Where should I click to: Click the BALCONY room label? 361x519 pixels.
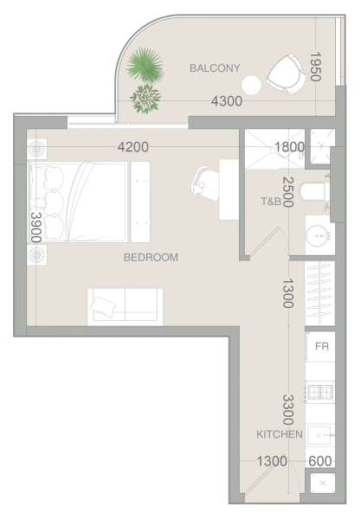click(x=215, y=68)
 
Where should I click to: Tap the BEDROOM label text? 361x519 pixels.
click(x=151, y=257)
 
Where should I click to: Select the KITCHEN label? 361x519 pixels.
click(x=280, y=434)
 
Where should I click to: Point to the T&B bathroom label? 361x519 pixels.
click(x=271, y=201)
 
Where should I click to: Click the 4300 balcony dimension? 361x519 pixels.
click(x=227, y=101)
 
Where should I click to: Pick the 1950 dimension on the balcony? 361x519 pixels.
click(x=315, y=67)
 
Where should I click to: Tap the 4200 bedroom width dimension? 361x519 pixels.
click(x=133, y=147)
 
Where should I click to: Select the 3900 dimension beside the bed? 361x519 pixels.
click(x=35, y=227)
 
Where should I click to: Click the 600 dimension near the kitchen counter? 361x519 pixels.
click(x=320, y=461)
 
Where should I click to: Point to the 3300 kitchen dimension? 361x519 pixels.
click(x=287, y=410)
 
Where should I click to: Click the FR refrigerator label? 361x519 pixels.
click(x=322, y=347)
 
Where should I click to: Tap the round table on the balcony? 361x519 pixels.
click(x=251, y=86)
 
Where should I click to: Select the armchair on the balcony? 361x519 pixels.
click(x=287, y=74)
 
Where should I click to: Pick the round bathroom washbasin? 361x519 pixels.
click(x=319, y=236)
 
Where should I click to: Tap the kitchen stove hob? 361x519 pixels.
click(x=320, y=392)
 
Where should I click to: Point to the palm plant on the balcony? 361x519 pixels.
click(x=145, y=65)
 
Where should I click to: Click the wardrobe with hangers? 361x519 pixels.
click(x=320, y=293)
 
